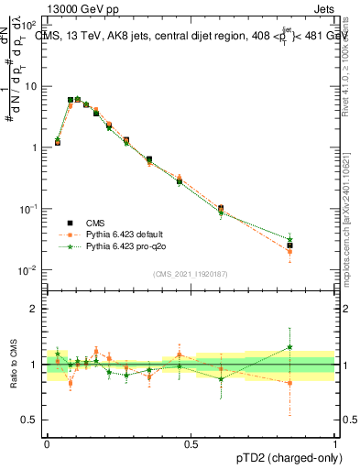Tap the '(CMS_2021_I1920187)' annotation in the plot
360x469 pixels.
tap(191, 273)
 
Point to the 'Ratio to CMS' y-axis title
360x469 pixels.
tap(14, 363)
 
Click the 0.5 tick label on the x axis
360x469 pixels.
tap(191, 442)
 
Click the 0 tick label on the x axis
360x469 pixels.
tap(47, 442)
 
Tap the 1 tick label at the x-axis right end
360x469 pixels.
tap(335, 442)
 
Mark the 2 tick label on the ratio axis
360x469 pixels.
tap(37, 309)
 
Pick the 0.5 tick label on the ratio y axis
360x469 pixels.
tap(34, 420)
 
